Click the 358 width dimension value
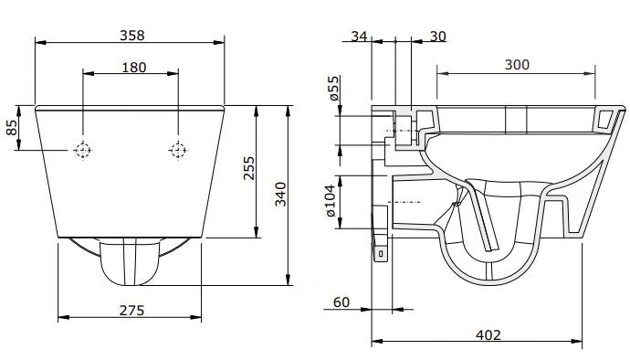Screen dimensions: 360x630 (131, 35)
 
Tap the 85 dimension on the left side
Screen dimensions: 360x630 (12, 128)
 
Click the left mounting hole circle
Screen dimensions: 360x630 (83, 150)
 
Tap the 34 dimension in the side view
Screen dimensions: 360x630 (358, 36)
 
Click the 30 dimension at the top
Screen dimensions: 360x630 (438, 36)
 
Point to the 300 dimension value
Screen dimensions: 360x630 (517, 64)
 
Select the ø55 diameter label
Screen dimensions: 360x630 (334, 90)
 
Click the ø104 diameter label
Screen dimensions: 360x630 (334, 201)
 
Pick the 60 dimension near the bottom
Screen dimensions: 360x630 (342, 302)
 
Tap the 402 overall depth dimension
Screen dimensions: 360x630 (488, 335)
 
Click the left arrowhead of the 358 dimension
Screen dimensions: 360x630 (38, 41)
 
